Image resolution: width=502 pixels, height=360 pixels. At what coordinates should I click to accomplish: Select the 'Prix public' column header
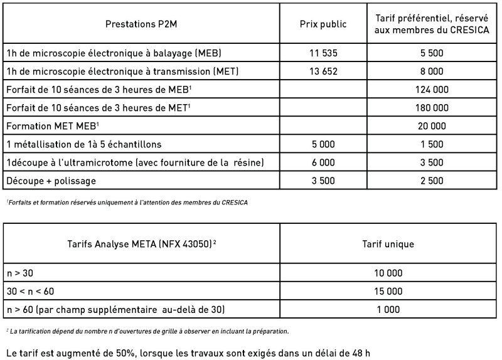[x=323, y=24]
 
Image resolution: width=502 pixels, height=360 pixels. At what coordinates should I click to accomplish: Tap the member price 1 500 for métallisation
[x=432, y=144]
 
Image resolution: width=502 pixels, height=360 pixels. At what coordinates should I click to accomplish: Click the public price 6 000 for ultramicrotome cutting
[x=323, y=162]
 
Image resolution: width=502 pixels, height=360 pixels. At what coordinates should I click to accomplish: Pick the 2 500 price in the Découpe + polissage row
[x=432, y=181]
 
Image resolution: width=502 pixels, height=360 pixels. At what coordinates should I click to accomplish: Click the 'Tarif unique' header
[x=388, y=244]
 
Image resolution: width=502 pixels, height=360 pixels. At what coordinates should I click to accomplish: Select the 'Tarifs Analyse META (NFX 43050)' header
[x=141, y=244]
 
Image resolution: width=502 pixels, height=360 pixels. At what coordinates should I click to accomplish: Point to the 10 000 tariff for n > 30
[x=388, y=273]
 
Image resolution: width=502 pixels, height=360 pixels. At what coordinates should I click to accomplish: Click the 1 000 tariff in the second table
[x=388, y=310]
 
